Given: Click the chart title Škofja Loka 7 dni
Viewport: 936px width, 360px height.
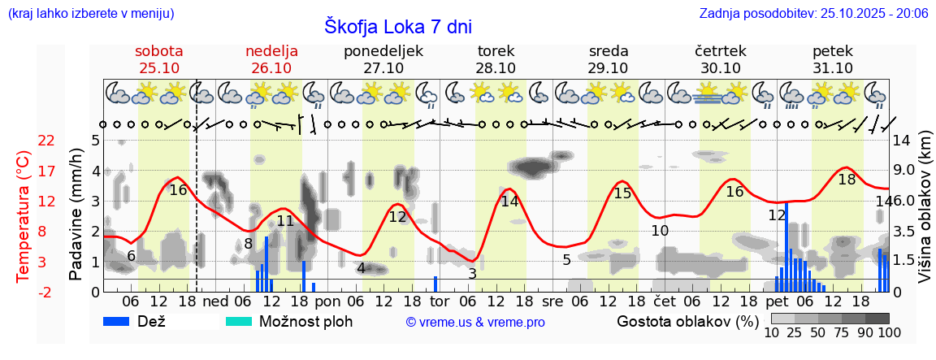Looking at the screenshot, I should click(397, 26).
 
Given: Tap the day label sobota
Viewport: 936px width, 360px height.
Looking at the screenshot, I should click(158, 51).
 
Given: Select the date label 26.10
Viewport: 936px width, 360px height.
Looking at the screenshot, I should click(271, 68).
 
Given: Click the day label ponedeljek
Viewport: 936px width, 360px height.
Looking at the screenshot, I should click(383, 51).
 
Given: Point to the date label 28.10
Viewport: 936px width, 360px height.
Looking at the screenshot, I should click(496, 68).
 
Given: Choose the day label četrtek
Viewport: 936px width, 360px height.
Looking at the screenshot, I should click(721, 51).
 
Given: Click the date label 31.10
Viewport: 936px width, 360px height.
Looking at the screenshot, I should click(833, 68).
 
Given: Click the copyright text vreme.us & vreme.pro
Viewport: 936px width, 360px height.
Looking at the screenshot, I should click(475, 323).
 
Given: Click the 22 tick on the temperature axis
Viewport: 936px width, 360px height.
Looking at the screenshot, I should click(46, 141).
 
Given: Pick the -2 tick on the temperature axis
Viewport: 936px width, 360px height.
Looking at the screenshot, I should click(46, 292).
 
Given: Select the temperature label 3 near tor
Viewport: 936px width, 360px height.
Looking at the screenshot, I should click(472, 274).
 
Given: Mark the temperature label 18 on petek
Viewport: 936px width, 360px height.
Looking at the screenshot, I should click(847, 180).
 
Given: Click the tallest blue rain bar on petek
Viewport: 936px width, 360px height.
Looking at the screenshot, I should click(786, 246).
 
